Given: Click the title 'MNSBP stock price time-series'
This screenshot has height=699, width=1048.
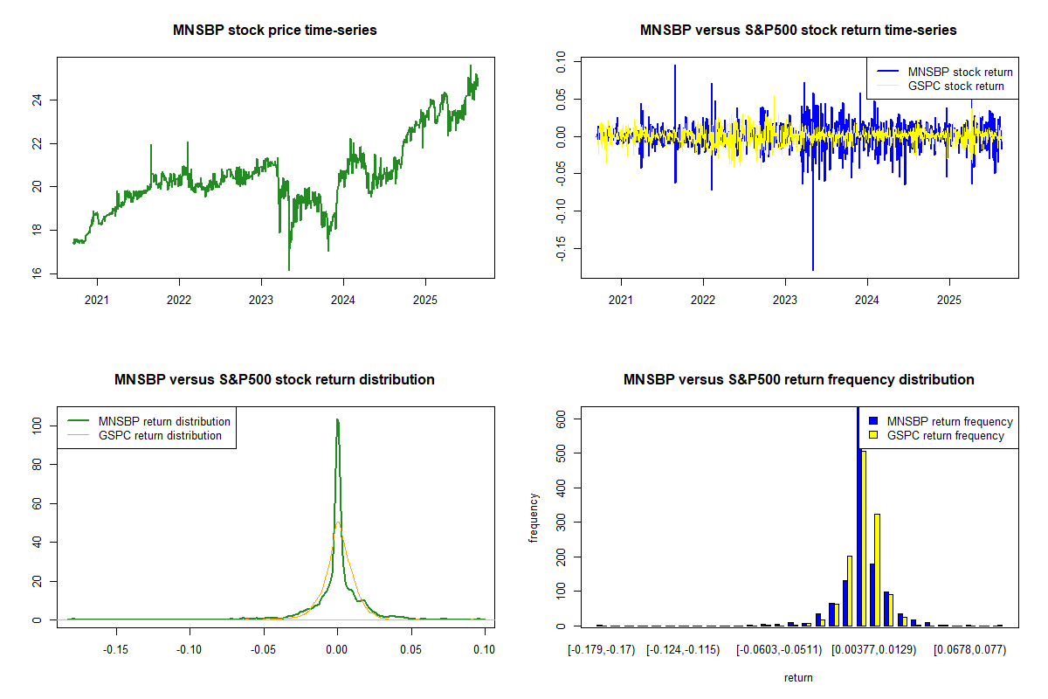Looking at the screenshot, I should pyautogui.click(x=275, y=31).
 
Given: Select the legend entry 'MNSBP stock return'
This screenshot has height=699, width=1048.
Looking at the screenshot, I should pyautogui.click(x=960, y=72).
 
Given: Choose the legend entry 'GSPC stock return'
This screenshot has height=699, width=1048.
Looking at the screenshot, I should pyautogui.click(x=955, y=86).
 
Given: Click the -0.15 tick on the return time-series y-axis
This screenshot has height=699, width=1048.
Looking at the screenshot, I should pyautogui.click(x=562, y=248).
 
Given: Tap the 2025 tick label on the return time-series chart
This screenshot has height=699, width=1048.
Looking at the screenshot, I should pyautogui.click(x=948, y=297).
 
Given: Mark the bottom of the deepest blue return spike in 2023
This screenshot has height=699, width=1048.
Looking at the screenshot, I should pyautogui.click(x=813, y=270).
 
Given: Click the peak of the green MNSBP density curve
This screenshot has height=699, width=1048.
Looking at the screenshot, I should pyautogui.click(x=337, y=419).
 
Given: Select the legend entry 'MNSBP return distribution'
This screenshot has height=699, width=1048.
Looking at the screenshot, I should pyautogui.click(x=164, y=421).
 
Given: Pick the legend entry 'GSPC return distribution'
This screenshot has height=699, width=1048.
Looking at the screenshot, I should pyautogui.click(x=160, y=435).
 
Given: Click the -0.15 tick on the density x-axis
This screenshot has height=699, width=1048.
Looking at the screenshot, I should pyautogui.click(x=116, y=649).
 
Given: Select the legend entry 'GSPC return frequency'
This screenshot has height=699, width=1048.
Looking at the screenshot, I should pyautogui.click(x=945, y=435).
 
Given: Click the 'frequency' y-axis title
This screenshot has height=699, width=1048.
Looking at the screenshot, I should pyautogui.click(x=534, y=517).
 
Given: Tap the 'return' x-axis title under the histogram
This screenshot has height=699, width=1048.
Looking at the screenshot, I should pyautogui.click(x=798, y=677).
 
